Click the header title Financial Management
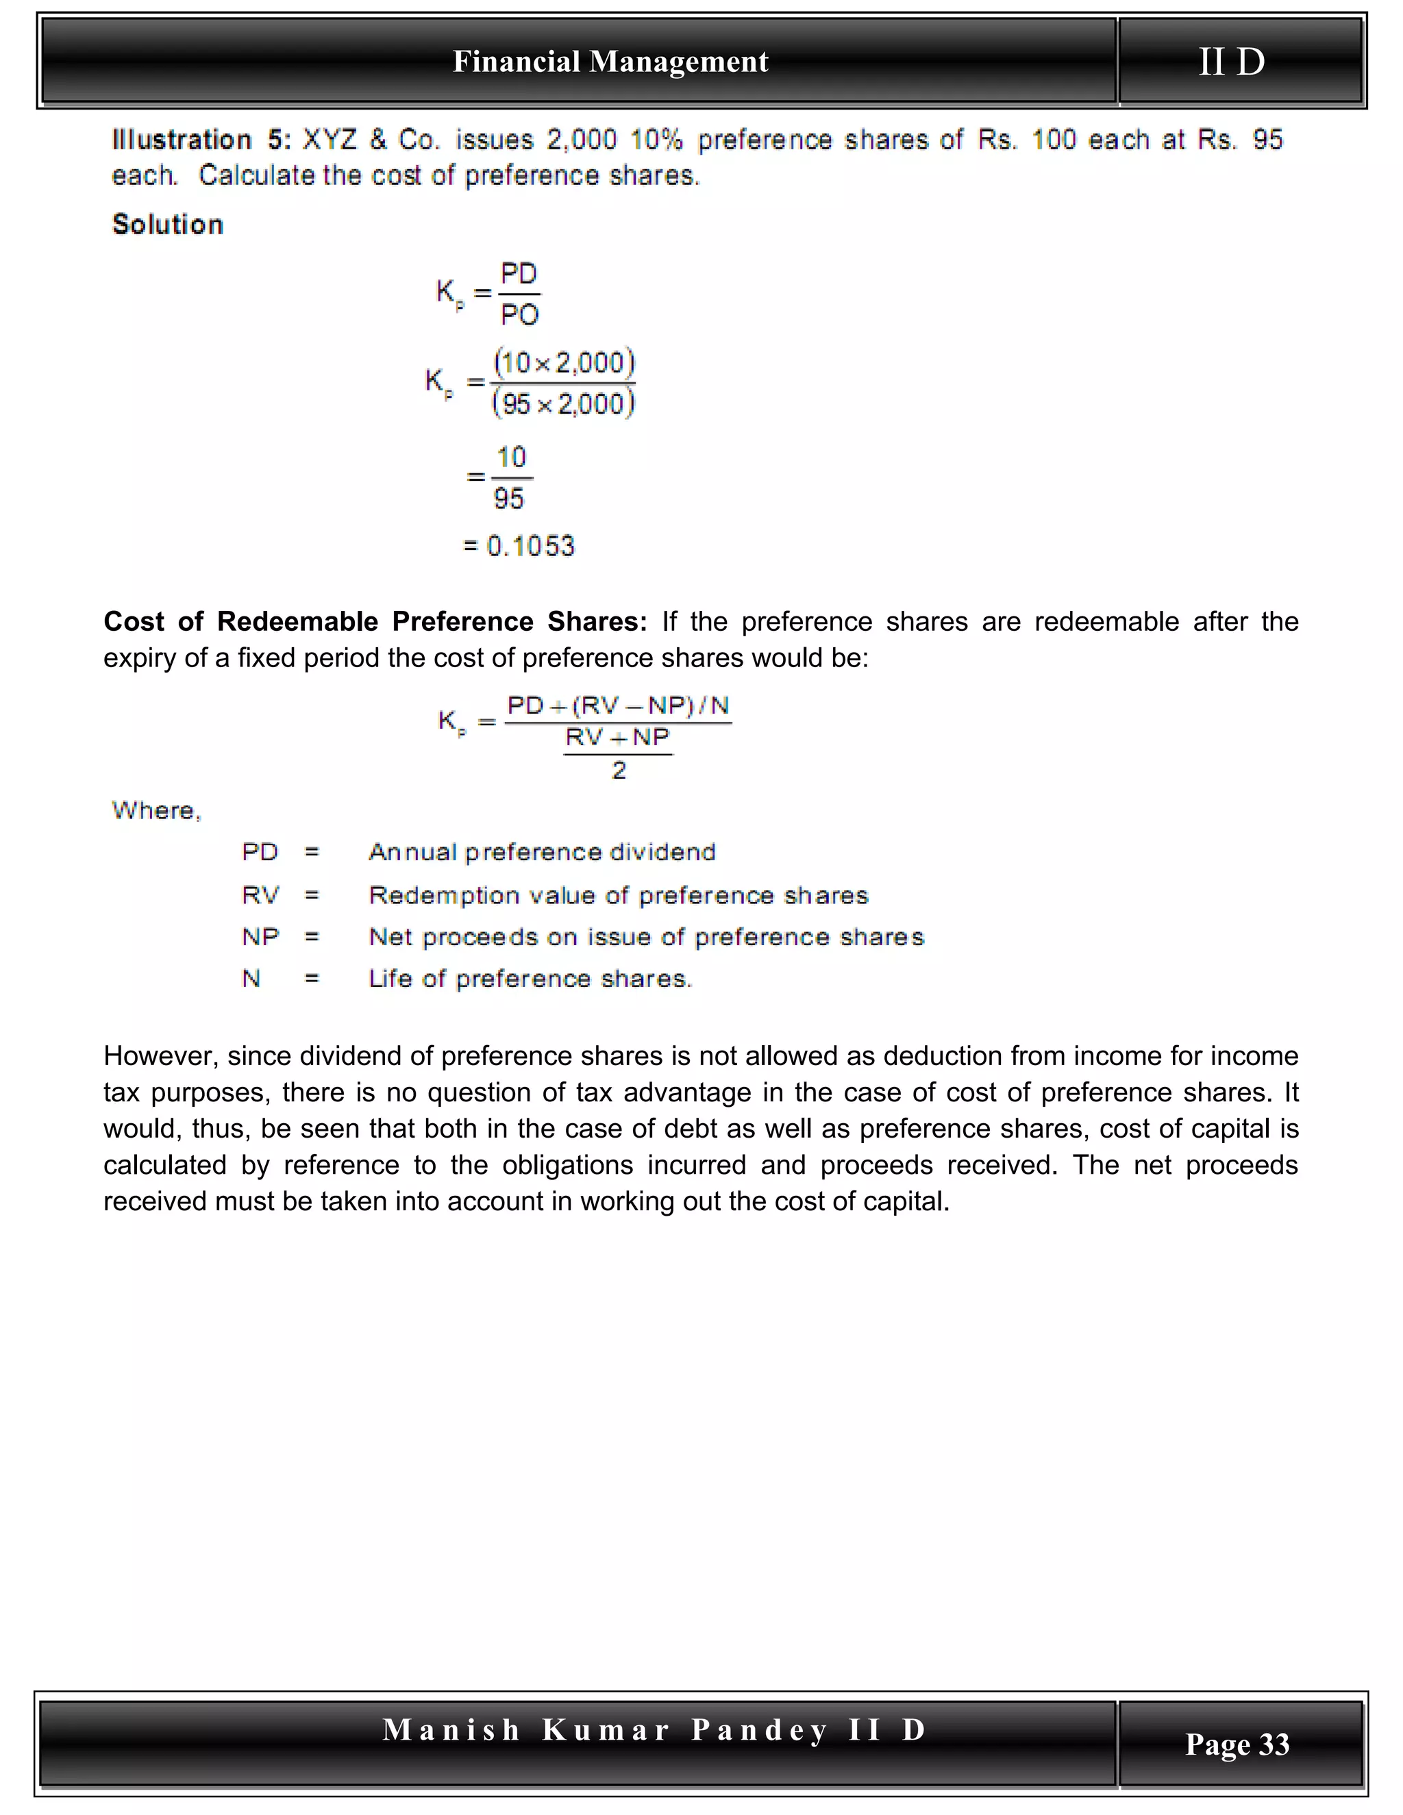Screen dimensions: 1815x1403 610,62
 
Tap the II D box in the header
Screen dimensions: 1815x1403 1232,62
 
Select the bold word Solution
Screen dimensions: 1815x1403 168,225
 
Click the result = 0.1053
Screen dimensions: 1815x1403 519,546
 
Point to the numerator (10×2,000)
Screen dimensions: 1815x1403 564,362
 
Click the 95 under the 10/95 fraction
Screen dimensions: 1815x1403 509,499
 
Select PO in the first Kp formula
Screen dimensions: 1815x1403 519,315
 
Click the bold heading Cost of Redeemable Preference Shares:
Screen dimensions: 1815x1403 375,622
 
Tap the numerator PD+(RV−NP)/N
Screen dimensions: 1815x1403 617,705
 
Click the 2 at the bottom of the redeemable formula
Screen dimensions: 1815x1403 619,771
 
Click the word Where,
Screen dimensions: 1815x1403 156,810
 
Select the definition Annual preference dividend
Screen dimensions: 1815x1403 542,852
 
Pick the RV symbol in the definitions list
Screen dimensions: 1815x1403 260,895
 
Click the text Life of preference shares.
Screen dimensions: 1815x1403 530,979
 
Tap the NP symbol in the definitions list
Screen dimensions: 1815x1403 260,936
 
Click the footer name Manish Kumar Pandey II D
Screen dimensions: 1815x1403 654,1729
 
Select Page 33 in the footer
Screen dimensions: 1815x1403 1237,1744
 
